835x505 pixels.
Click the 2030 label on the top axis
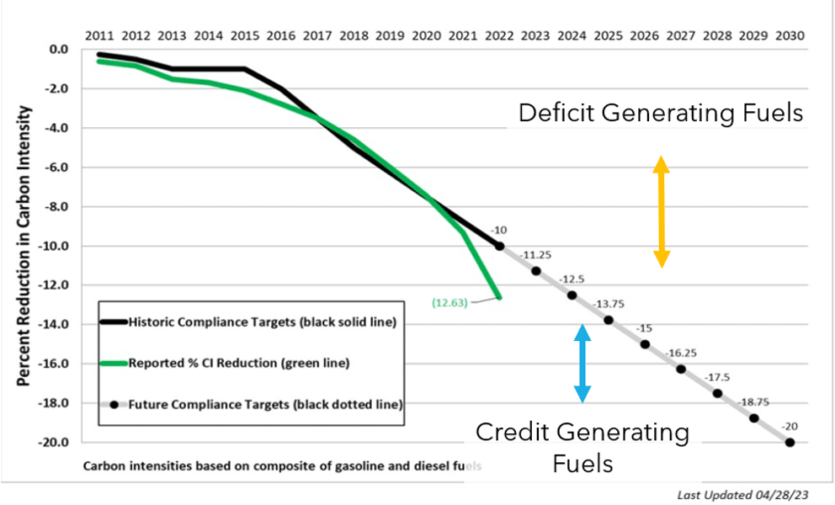point(790,36)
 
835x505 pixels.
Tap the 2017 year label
point(317,36)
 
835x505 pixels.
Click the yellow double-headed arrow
point(662,211)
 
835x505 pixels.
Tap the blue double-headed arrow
point(582,363)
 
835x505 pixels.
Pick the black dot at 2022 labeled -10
point(499,246)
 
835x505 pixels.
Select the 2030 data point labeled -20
point(790,442)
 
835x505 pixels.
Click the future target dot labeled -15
point(645,344)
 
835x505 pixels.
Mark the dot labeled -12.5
point(572,295)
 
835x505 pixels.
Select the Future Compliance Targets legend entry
point(253,404)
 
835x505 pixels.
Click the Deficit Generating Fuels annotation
point(661,112)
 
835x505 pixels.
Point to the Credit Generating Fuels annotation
point(582,447)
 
